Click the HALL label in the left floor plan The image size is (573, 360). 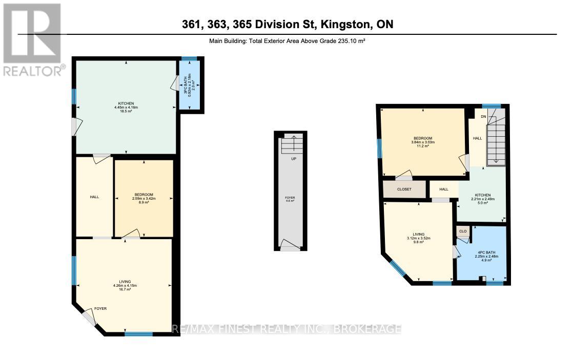coord(94,197)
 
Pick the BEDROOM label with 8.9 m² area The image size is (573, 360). coord(144,198)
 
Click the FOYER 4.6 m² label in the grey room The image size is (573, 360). coord(290,199)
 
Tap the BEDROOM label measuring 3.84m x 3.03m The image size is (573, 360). coord(423,142)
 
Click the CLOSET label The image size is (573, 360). coord(404,189)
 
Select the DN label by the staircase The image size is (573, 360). coord(483,116)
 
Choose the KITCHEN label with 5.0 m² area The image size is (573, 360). coord(482,198)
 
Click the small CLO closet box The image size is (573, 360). coord(463,231)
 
